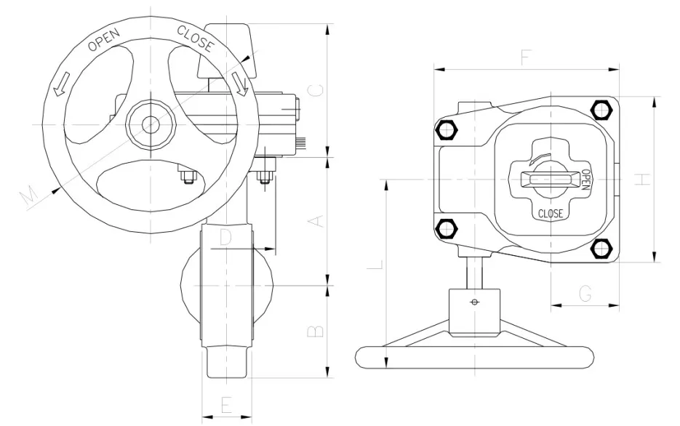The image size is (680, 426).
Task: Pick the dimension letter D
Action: pyautogui.click(x=225, y=237)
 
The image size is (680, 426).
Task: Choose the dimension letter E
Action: pyautogui.click(x=225, y=404)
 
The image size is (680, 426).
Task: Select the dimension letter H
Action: pyautogui.click(x=641, y=179)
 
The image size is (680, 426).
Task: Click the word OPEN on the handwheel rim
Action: pyautogui.click(x=103, y=39)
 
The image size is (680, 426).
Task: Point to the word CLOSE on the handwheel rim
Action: pyautogui.click(x=196, y=39)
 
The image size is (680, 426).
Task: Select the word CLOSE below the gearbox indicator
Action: pyautogui.click(x=551, y=214)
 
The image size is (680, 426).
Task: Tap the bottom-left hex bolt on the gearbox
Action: pyautogui.click(x=445, y=229)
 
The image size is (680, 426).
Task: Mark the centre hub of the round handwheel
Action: pyautogui.click(x=151, y=123)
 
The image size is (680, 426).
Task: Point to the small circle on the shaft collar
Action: pyautogui.click(x=476, y=302)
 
